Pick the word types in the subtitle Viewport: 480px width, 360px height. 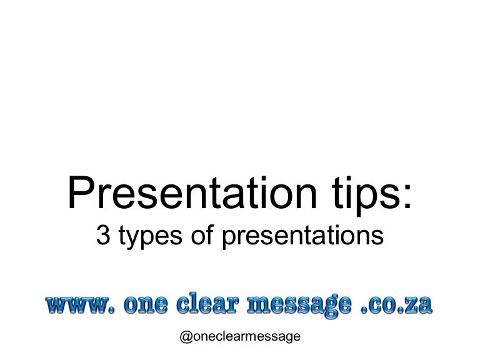point(145,236)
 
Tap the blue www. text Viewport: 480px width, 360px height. point(81,306)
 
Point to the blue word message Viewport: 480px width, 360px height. point(306,306)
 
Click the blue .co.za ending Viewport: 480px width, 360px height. point(399,306)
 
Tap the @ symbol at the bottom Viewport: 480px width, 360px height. point(186,337)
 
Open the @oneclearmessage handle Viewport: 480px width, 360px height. point(240,337)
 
